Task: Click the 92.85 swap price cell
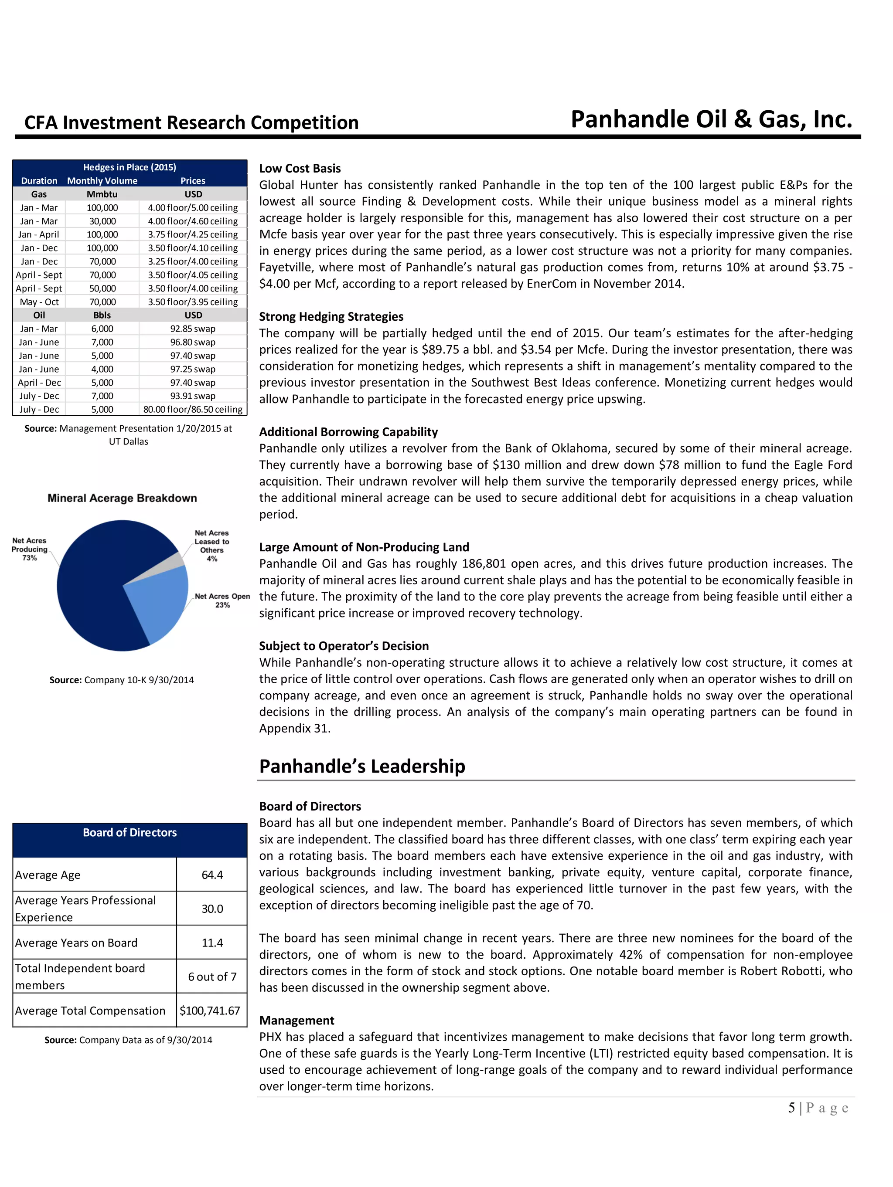(193, 329)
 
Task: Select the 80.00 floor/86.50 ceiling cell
(193, 410)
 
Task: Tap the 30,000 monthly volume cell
(102, 221)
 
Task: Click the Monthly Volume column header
(102, 181)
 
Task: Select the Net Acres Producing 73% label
(30, 549)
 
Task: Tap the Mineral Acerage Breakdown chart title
(122, 498)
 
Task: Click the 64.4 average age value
(212, 875)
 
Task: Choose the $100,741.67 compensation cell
(210, 1011)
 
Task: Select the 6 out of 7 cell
(212, 977)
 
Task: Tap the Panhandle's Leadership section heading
(362, 766)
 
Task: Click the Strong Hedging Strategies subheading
(331, 317)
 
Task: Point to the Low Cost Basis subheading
(300, 169)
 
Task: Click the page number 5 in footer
(791, 1108)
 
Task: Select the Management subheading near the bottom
(297, 1020)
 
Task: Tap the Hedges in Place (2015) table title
(130, 167)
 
